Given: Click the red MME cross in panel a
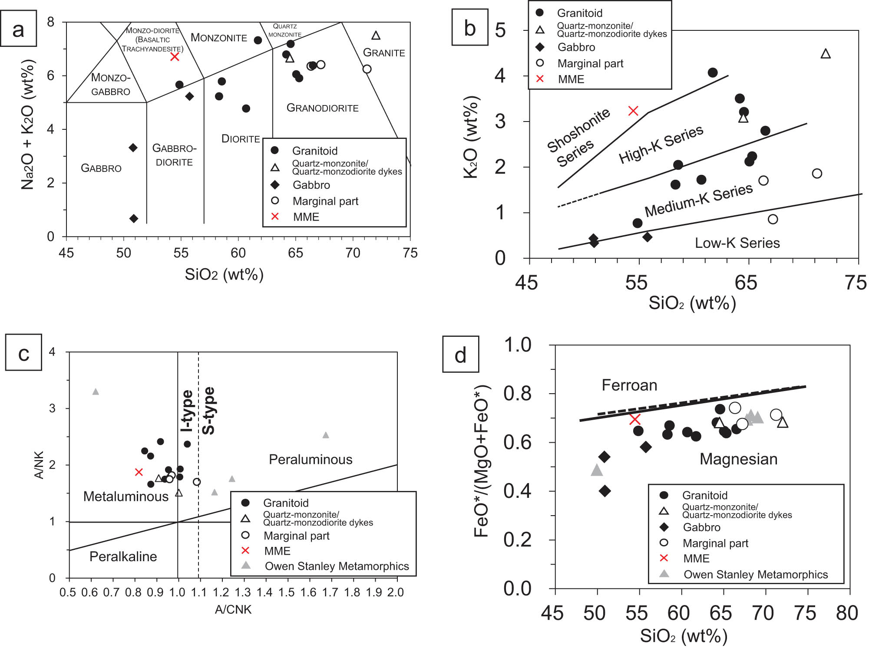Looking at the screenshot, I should tap(175, 56).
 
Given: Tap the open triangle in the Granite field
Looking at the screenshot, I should tap(376, 36).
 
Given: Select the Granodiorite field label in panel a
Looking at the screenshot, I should tap(322, 108).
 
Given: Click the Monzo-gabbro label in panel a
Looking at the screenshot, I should tap(111, 85).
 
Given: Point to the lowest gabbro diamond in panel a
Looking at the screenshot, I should tap(134, 218).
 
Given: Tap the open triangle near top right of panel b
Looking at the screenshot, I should tap(826, 54).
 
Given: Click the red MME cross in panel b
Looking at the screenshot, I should tap(633, 111).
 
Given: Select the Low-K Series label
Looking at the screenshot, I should tap(737, 243).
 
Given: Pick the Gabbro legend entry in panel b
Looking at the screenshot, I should tap(576, 47).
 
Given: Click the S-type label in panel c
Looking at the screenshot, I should tap(208, 411).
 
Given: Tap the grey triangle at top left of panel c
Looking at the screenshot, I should tap(96, 392).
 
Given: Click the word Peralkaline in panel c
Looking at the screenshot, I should tap(123, 556).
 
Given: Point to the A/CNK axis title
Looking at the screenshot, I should tap(233, 610).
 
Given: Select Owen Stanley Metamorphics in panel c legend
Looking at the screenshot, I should tap(337, 566).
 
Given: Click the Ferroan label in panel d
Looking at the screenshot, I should tap(629, 385).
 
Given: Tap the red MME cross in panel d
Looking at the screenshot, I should tap(635, 419).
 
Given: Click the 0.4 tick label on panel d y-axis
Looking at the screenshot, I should tap(517, 491).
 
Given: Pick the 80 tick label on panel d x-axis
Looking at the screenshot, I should tap(847, 613).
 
